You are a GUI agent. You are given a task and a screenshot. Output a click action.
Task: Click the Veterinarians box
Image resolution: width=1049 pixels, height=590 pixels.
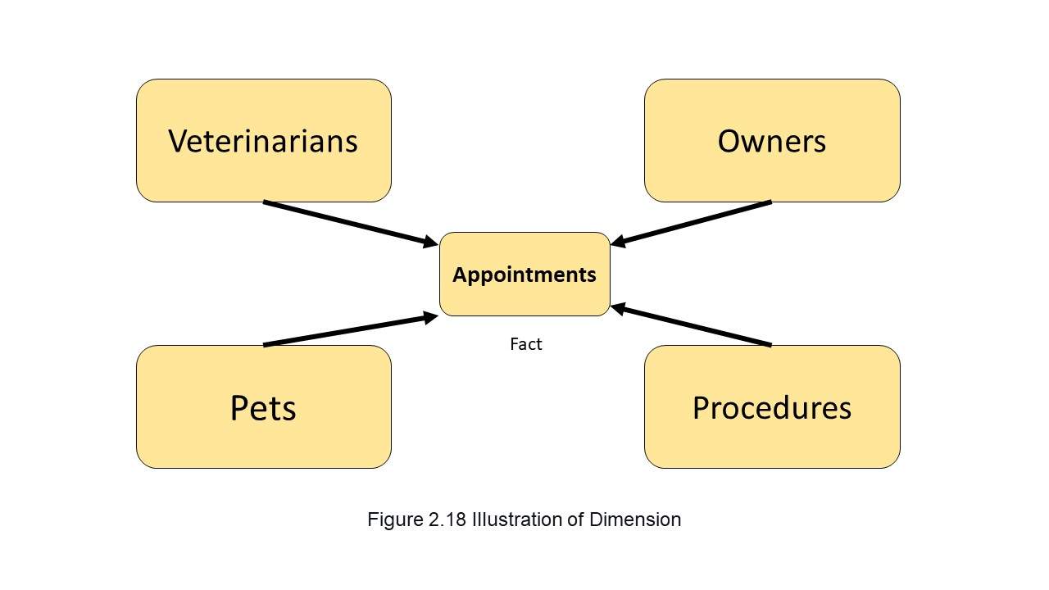tap(264, 140)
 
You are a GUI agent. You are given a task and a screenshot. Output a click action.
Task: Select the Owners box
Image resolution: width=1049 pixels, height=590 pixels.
tap(772, 140)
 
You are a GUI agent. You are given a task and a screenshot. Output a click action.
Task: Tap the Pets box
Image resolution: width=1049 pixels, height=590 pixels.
tap(264, 407)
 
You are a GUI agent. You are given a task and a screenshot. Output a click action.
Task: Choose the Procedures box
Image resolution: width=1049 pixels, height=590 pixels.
tap(772, 407)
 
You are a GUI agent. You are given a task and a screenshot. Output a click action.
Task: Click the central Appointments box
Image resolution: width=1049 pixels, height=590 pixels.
tap(524, 274)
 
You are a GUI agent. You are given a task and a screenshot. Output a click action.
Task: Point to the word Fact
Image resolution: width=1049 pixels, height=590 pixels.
tap(526, 344)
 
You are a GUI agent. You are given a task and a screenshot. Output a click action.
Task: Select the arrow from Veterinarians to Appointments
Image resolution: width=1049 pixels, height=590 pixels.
tap(351, 224)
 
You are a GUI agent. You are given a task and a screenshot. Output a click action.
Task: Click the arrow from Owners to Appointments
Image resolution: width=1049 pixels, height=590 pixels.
tap(691, 224)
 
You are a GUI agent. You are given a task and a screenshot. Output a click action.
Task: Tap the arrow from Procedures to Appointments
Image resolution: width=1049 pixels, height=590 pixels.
tap(691, 325)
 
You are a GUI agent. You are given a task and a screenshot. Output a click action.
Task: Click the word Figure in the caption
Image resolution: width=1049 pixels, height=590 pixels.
tap(395, 520)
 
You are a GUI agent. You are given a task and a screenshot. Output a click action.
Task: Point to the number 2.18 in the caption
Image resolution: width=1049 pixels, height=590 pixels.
tap(447, 520)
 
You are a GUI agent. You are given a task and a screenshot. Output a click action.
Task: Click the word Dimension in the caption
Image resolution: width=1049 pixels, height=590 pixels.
tap(635, 520)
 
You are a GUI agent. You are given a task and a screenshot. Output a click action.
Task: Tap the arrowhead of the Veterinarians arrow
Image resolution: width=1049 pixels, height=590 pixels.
tap(431, 242)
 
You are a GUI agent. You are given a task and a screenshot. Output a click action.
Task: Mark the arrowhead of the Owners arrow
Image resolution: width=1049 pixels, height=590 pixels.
tap(618, 241)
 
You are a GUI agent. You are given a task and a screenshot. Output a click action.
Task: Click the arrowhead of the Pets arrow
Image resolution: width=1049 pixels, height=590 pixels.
tap(431, 317)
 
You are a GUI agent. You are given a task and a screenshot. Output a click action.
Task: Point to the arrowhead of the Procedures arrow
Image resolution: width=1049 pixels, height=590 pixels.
tap(618, 309)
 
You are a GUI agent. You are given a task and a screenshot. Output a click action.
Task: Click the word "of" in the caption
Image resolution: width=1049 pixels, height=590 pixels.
tap(575, 520)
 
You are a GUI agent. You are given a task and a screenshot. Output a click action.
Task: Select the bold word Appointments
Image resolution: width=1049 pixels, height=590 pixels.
tap(524, 275)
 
